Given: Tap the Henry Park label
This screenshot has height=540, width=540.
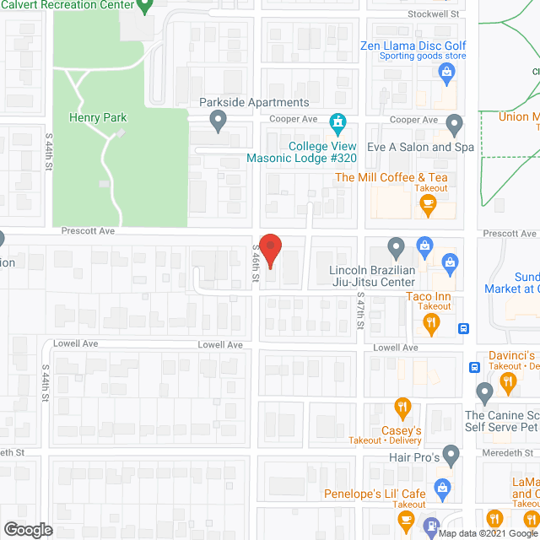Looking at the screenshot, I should pyautogui.click(x=98, y=118).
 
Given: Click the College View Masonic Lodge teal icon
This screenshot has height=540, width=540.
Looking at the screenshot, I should pyautogui.click(x=337, y=125).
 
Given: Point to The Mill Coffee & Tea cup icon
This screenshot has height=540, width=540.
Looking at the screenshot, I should pyautogui.click(x=429, y=203).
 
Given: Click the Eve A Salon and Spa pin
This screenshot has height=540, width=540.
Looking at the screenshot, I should pyautogui.click(x=455, y=126).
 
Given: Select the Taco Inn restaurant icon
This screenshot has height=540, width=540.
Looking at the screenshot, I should pyautogui.click(x=431, y=322).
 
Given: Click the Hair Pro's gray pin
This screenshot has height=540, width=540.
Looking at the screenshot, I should pyautogui.click(x=451, y=456).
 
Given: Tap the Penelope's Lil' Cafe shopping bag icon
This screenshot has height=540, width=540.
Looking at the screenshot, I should pyautogui.click(x=440, y=487).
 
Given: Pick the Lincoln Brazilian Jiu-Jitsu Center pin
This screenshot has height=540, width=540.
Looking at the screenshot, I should pyautogui.click(x=396, y=248).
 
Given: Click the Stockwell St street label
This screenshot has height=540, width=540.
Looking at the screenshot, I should pyautogui.click(x=432, y=14).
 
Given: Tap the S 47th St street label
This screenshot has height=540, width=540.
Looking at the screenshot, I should pyautogui.click(x=360, y=313).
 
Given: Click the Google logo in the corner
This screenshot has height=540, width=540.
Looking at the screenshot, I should pyautogui.click(x=27, y=530).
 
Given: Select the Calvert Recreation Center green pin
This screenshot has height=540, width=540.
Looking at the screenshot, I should pyautogui.click(x=144, y=7).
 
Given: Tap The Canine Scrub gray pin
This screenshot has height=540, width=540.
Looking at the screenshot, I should pyautogui.click(x=484, y=392).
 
